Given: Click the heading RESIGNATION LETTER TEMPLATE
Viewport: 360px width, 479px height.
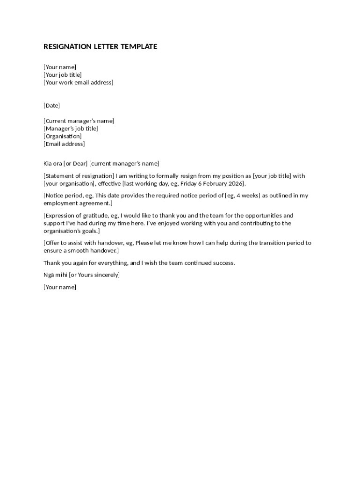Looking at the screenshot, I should click(x=100, y=47).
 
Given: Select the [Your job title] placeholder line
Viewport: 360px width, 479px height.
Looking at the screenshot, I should click(x=63, y=75).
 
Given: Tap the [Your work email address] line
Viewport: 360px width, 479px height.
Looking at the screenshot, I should click(x=79, y=83).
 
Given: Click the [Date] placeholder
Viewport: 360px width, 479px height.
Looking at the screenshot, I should click(x=52, y=106).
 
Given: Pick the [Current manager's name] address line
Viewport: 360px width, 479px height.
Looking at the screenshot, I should click(x=79, y=121).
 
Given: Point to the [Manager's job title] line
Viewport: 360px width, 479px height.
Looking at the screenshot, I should click(x=71, y=129).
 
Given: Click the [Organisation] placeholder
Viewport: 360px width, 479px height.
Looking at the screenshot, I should click(x=63, y=137).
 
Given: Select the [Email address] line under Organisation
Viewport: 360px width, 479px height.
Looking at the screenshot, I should click(x=64, y=144).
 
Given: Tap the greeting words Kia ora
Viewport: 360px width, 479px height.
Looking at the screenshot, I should click(x=52, y=164).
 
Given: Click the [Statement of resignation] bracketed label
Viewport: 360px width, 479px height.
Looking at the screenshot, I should click(x=76, y=176).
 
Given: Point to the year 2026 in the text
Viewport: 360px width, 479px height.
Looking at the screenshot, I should click(x=236, y=184).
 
